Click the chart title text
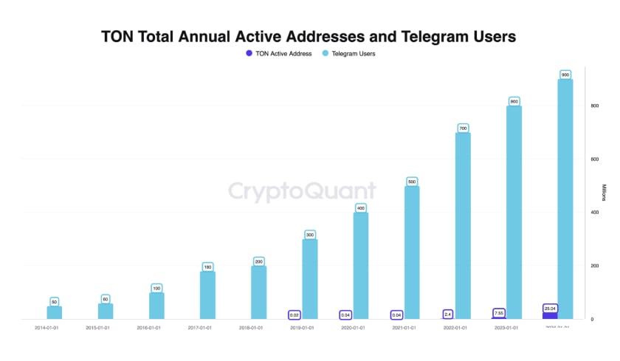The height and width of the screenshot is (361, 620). [x=309, y=35]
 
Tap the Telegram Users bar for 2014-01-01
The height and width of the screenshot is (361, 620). [x=54, y=312]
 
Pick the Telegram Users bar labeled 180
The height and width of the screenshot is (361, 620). [x=207, y=295]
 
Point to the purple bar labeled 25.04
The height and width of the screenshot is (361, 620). [x=550, y=315]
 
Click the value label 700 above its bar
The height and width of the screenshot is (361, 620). [x=463, y=128]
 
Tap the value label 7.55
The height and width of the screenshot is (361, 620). [x=499, y=312]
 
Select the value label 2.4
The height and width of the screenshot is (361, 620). [x=448, y=314]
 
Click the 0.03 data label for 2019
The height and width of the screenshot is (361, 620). [x=294, y=314]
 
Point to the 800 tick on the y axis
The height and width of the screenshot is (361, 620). [x=594, y=106]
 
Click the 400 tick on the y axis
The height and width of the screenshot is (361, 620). [x=594, y=213]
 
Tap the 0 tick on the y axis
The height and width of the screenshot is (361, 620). [x=592, y=319]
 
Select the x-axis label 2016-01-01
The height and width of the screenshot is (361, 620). [x=148, y=327]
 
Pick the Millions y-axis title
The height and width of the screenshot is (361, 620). [x=603, y=192]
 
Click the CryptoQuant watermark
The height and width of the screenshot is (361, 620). [x=301, y=191]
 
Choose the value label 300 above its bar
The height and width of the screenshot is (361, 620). [x=310, y=234]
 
